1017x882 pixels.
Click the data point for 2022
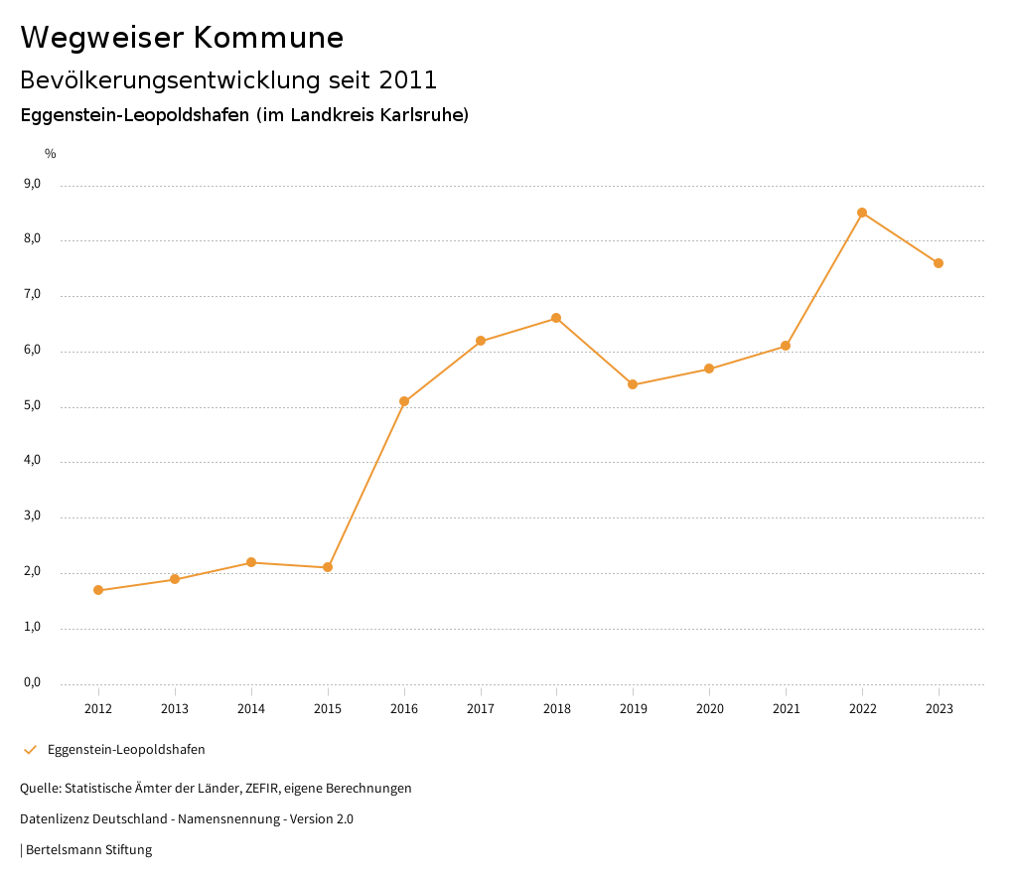862,213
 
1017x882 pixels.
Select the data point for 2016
404,401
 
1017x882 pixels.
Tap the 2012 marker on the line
98,590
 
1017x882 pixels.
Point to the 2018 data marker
556,318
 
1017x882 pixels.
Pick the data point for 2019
633,384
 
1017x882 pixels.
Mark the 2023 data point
939,263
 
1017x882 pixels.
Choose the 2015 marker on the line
328,567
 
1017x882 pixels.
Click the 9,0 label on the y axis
32,184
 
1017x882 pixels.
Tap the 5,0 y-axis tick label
32,405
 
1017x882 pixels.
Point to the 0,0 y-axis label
32,682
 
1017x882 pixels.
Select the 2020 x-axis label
709,708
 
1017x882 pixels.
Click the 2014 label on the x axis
251,708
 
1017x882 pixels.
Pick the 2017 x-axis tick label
481,708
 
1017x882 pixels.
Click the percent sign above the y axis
51,153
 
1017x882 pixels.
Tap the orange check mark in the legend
30,750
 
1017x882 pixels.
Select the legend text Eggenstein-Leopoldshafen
126,750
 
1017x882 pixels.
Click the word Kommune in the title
268,38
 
